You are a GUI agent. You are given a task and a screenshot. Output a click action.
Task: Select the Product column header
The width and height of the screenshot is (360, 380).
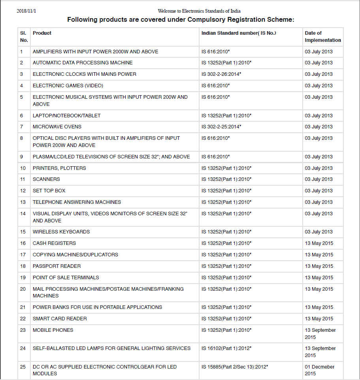pyautogui.click(x=42, y=33)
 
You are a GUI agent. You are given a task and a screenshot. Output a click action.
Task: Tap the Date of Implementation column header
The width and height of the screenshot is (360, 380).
pyautogui.click(x=322, y=37)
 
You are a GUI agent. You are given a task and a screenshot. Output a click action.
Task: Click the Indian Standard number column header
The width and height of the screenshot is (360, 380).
pyautogui.click(x=239, y=33)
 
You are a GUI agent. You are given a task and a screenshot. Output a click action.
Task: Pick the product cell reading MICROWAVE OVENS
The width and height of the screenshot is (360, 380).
pyautogui.click(x=57, y=127)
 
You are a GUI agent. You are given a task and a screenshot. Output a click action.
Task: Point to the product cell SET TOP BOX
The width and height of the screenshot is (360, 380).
pyautogui.click(x=49, y=191)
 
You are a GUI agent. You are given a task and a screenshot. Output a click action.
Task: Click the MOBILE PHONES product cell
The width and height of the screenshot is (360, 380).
pyautogui.click(x=53, y=330)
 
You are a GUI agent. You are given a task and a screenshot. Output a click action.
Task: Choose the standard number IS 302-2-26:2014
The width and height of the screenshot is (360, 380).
pyautogui.click(x=221, y=74)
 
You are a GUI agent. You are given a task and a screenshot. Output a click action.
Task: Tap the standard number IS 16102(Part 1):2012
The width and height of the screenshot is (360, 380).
pyautogui.click(x=226, y=348)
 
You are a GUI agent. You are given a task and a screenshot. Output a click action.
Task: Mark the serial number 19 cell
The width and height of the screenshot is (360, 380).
pyautogui.click(x=23, y=278)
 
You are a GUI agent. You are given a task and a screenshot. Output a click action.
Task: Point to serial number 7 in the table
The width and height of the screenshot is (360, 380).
pyautogui.click(x=22, y=127)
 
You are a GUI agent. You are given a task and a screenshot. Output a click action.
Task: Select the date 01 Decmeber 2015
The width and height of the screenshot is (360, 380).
pyautogui.click(x=319, y=370)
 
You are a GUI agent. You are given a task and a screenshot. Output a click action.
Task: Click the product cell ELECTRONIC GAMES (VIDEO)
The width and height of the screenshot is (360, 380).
pyautogui.click(x=62, y=86)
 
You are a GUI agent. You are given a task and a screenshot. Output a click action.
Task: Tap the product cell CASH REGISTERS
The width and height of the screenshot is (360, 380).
pyautogui.click(x=54, y=243)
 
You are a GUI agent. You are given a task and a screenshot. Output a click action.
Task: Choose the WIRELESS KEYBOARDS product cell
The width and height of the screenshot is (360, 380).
pyautogui.click(x=61, y=232)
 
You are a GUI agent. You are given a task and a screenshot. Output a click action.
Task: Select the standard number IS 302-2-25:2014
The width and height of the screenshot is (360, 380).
pyautogui.click(x=221, y=127)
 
